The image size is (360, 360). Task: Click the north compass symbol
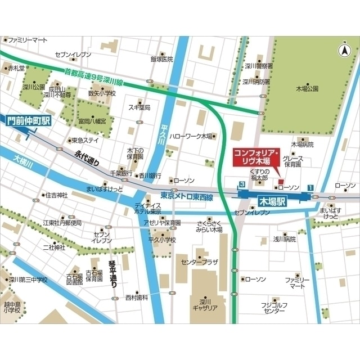click(x=343, y=51)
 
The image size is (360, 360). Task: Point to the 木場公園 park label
click(x=307, y=88)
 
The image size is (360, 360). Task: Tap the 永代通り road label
click(x=87, y=157)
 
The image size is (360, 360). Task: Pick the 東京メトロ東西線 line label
click(x=187, y=196)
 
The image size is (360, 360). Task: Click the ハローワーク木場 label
click(x=191, y=136)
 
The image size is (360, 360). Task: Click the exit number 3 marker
click(x=241, y=184)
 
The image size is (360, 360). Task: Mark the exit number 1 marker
click(x=310, y=187)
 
